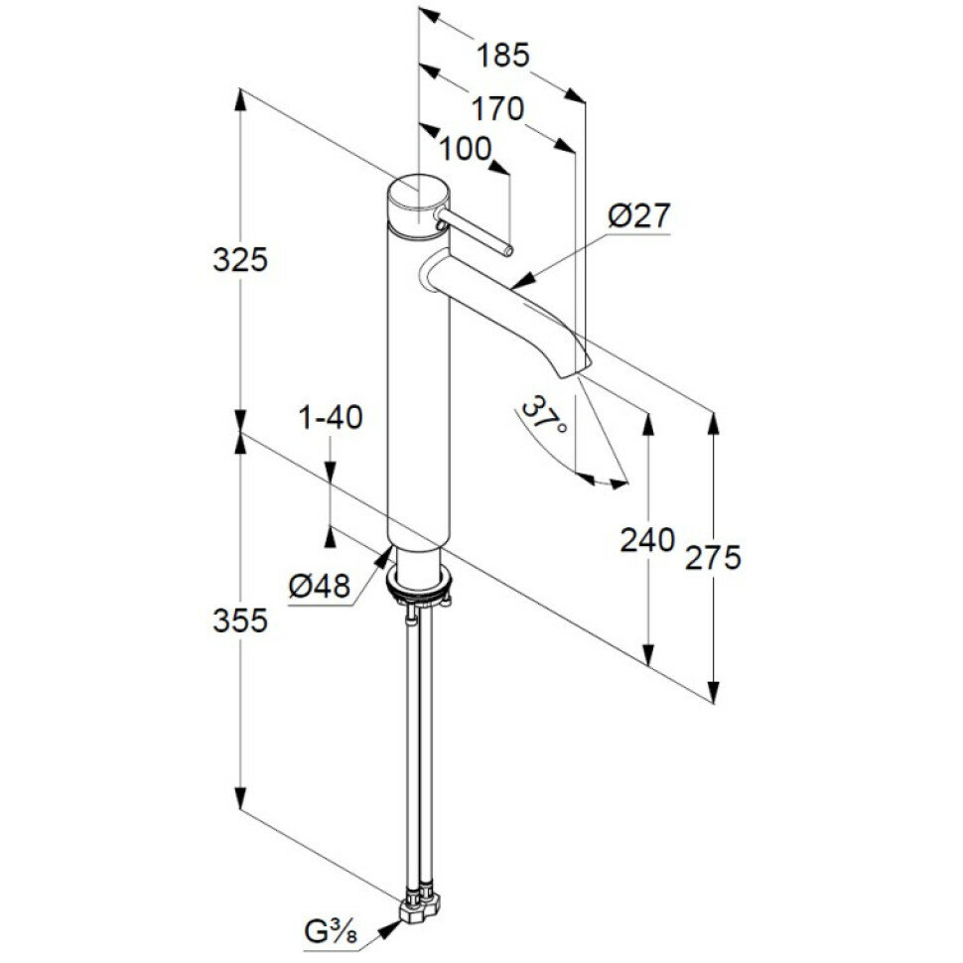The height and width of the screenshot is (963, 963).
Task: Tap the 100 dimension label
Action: point(466,149)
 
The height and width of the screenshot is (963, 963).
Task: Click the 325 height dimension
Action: point(240,260)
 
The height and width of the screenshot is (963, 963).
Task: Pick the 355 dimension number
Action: point(240,621)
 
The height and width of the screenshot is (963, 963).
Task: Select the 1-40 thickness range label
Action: point(332,417)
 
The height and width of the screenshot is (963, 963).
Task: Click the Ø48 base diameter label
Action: point(321,587)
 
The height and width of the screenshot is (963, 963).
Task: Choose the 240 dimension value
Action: point(647,540)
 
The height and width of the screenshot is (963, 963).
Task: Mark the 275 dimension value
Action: point(713,558)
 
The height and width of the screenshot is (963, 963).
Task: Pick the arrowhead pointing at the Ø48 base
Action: point(385,556)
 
